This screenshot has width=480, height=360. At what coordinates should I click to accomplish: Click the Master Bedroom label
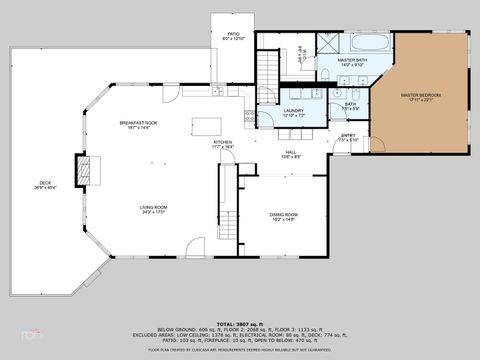pos(420,98)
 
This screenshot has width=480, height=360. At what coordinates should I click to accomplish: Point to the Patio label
pos(232,37)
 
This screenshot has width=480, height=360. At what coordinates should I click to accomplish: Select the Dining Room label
pos(284,217)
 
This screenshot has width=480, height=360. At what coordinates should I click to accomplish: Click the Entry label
pos(347,137)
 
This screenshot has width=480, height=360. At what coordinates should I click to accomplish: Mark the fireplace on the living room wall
pos(91,171)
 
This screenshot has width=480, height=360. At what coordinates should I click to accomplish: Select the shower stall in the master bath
pos(328,44)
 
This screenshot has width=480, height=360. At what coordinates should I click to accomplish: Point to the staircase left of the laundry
pos(268,70)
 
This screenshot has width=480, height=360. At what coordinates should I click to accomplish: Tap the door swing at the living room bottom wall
pos(196,246)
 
